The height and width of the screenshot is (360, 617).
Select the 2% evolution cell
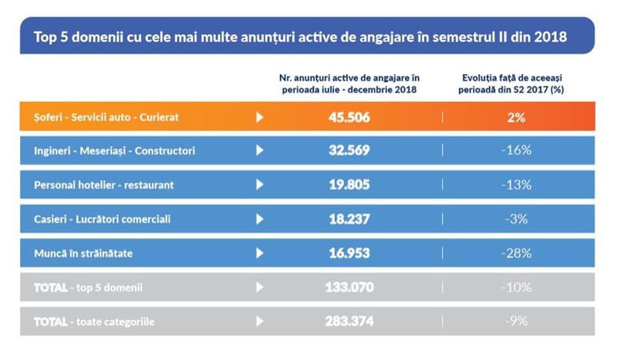coord(517,117)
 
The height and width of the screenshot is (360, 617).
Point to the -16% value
coord(517,151)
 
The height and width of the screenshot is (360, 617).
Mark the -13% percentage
coord(517,185)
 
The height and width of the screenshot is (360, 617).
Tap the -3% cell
coord(517,219)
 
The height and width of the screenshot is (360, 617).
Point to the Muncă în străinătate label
coord(86,253)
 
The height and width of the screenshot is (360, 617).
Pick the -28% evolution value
coord(517,253)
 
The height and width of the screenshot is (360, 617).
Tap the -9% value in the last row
coord(517,321)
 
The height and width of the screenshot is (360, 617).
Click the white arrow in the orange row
coord(260,117)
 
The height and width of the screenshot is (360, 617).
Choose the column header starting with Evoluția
coord(516,84)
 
